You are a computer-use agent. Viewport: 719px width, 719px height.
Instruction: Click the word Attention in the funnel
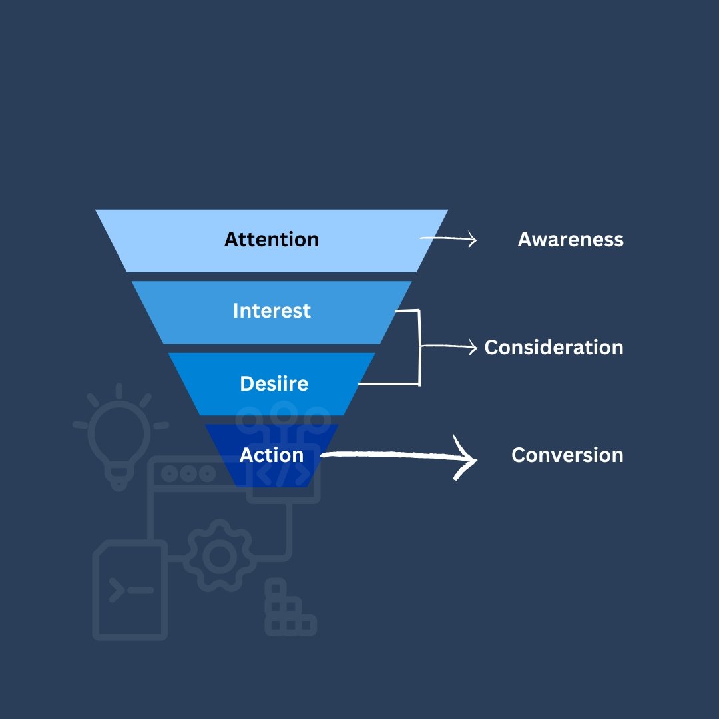click(271, 240)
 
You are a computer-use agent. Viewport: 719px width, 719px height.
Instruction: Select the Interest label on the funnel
click(272, 311)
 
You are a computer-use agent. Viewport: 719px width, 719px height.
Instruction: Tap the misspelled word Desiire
click(274, 383)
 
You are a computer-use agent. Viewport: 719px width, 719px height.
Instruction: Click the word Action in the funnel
click(272, 455)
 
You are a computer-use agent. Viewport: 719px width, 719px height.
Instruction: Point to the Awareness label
click(571, 240)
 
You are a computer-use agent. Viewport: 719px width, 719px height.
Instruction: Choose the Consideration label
click(554, 348)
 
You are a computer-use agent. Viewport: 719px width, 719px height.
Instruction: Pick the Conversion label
click(567, 455)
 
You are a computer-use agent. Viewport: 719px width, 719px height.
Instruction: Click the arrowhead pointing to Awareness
click(473, 240)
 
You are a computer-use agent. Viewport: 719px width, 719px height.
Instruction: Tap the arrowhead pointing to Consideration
click(473, 347)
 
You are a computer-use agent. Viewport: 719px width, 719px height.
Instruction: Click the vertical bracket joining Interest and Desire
click(419, 347)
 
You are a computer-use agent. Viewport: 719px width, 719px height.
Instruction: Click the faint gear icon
click(218, 557)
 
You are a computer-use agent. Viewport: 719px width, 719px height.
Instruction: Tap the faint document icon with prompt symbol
click(130, 590)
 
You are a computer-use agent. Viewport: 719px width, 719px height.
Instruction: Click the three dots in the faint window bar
click(188, 473)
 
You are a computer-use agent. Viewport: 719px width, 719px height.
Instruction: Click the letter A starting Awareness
click(525, 240)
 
